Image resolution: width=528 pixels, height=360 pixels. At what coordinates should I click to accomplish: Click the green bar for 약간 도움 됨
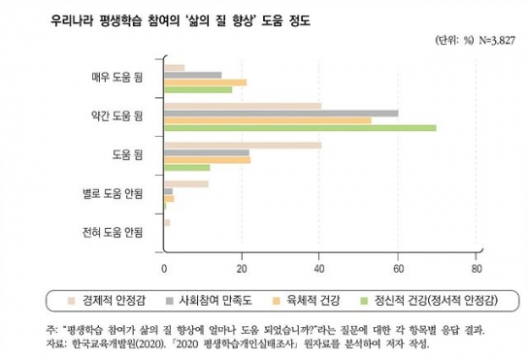(x=300, y=128)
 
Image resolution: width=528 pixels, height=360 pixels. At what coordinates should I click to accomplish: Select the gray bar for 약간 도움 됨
(x=280, y=113)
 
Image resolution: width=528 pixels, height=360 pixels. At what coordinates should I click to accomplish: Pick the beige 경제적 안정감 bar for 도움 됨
(x=243, y=145)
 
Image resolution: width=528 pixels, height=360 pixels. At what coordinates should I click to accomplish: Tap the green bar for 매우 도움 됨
(x=198, y=90)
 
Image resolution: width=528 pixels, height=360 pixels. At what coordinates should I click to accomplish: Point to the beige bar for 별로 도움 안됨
(x=185, y=183)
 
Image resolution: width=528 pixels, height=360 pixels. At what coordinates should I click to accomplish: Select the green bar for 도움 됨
(x=186, y=168)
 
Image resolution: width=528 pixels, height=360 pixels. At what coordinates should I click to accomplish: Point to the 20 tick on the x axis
(x=242, y=269)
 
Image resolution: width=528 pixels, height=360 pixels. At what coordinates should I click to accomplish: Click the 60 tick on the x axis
(x=398, y=269)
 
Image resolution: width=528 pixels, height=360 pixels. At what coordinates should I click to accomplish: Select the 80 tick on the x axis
(x=476, y=269)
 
